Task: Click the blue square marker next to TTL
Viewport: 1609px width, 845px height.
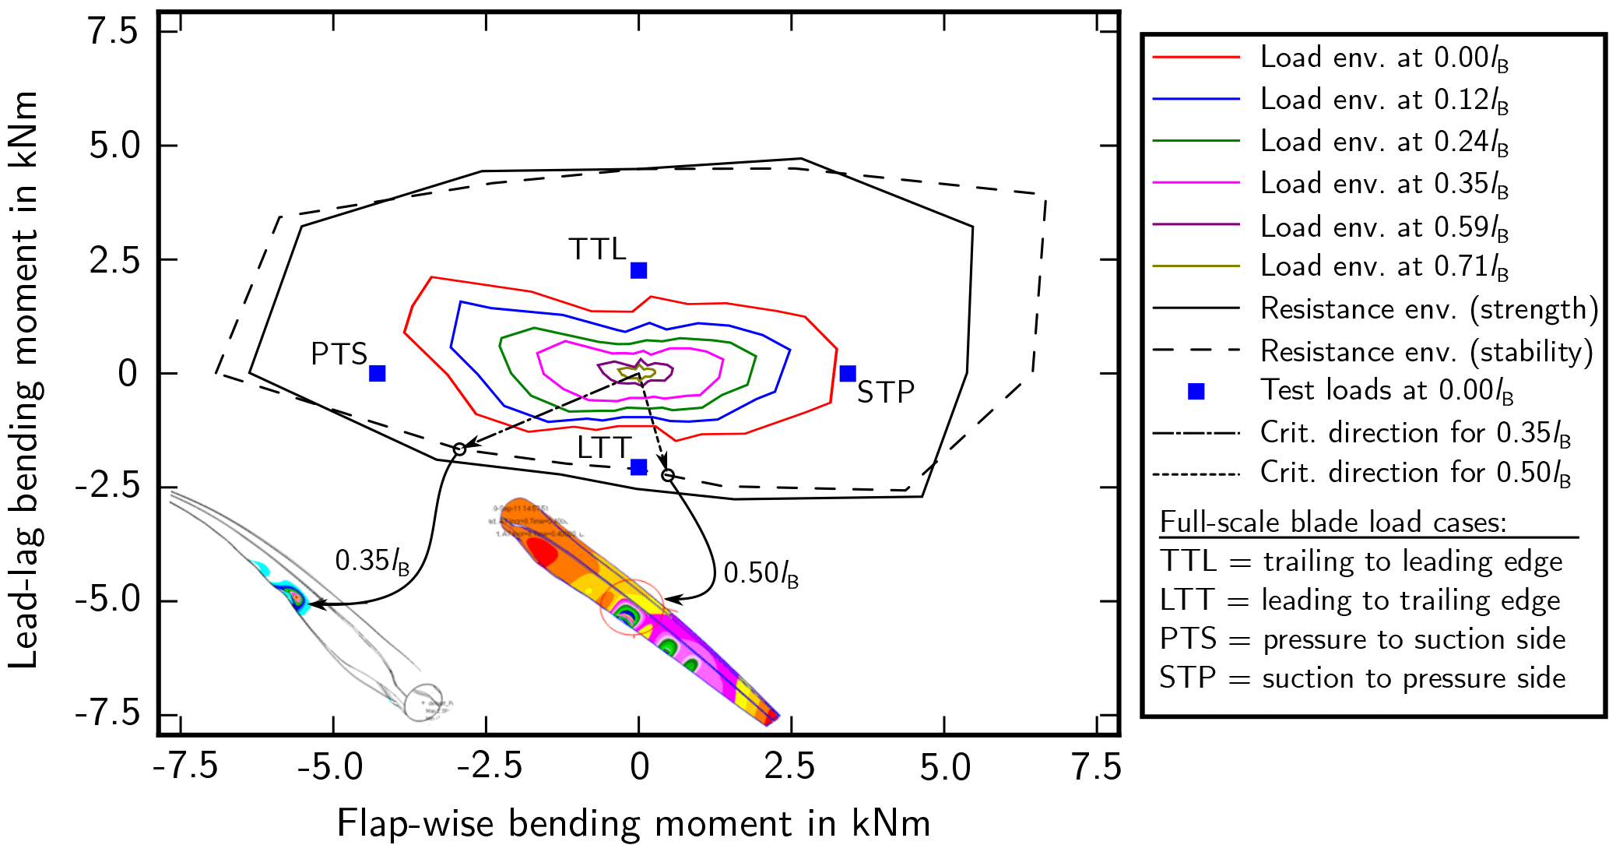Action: click(x=638, y=270)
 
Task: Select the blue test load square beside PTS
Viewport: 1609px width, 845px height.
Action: click(x=377, y=373)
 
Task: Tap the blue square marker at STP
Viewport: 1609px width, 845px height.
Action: click(x=848, y=373)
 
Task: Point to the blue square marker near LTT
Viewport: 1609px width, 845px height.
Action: click(x=638, y=467)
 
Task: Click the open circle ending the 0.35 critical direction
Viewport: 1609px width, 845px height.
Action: click(x=459, y=449)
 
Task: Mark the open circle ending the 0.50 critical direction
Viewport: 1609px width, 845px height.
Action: click(x=667, y=475)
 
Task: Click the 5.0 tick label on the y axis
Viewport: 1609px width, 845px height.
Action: click(x=113, y=146)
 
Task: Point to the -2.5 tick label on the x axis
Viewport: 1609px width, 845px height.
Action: click(x=488, y=768)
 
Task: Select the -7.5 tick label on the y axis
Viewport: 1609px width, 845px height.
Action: click(x=107, y=714)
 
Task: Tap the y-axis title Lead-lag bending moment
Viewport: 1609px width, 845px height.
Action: click(x=24, y=379)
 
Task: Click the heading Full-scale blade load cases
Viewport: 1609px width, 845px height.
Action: click(x=1333, y=522)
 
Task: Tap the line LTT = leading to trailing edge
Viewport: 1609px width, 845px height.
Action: click(x=1359, y=600)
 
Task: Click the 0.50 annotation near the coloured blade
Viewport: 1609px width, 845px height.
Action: click(x=761, y=574)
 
